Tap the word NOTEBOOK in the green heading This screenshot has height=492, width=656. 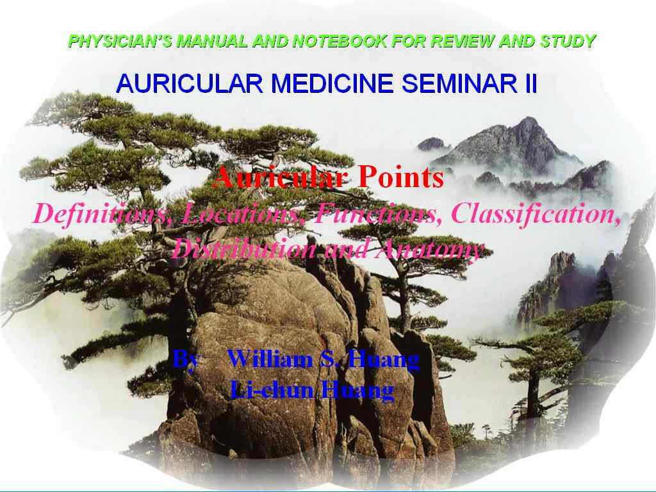(340, 41)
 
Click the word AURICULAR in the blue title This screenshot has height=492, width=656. (189, 83)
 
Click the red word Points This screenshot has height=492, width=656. (401, 177)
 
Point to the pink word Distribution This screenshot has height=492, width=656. (244, 250)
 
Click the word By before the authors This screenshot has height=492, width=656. (186, 360)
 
